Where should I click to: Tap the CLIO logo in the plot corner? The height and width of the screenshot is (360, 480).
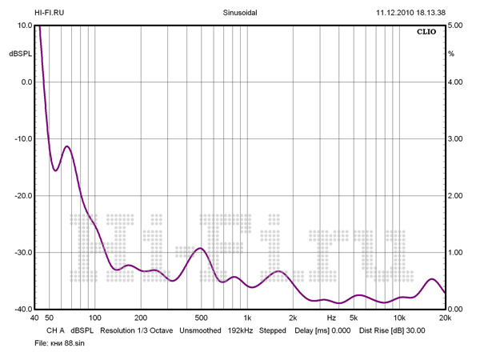pyautogui.click(x=426, y=33)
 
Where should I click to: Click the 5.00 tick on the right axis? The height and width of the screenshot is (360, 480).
pyautogui.click(x=456, y=26)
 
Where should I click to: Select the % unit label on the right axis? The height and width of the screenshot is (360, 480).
pyautogui.click(x=451, y=54)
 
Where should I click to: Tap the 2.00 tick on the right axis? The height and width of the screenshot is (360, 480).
pyautogui.click(x=456, y=196)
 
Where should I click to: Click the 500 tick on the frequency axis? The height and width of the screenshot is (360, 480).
pyautogui.click(x=201, y=318)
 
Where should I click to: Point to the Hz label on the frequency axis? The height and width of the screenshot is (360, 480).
pyautogui.click(x=330, y=318)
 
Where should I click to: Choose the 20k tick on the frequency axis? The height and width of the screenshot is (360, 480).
pyautogui.click(x=444, y=318)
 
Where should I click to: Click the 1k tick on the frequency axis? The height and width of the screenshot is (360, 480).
pyautogui.click(x=247, y=318)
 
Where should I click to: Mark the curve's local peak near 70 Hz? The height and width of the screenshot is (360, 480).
pyautogui.click(x=67, y=146)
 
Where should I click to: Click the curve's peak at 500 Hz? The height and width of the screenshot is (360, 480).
pyautogui.click(x=201, y=249)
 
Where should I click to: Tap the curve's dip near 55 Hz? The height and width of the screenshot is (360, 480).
pyautogui.click(x=55, y=170)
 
